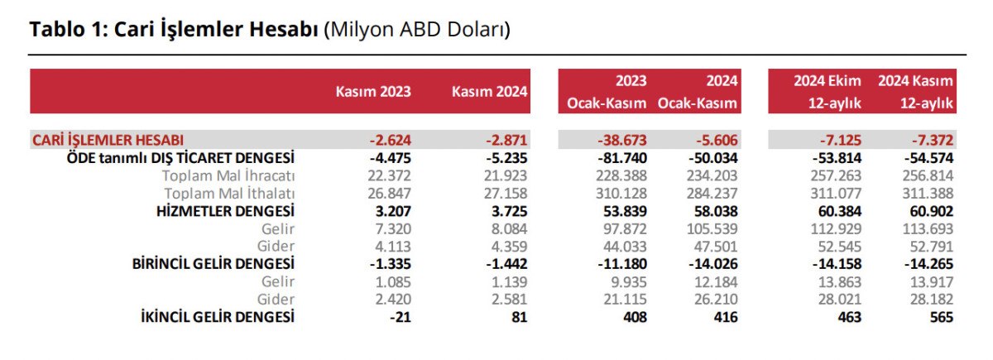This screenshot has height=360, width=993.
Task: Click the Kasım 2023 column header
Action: pyautogui.click(x=372, y=91)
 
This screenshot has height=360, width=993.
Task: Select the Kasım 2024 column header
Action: pyautogui.click(x=489, y=91)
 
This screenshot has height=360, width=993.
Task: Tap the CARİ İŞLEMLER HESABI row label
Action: pyautogui.click(x=108, y=140)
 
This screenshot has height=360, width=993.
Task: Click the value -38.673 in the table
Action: pyautogui.click(x=622, y=140)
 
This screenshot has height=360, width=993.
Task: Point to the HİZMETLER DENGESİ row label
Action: pyautogui.click(x=225, y=211)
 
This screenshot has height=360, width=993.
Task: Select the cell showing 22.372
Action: pyautogui.click(x=386, y=175)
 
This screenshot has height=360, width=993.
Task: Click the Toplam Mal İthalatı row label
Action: pyautogui.click(x=228, y=193)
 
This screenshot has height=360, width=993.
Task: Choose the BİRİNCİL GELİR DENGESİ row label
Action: pyautogui.click(x=213, y=264)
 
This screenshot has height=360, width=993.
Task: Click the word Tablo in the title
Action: pyautogui.click(x=55, y=30)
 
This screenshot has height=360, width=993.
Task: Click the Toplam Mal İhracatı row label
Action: pyautogui.click(x=228, y=175)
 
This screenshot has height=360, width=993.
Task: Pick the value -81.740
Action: pyautogui.click(x=622, y=157)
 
